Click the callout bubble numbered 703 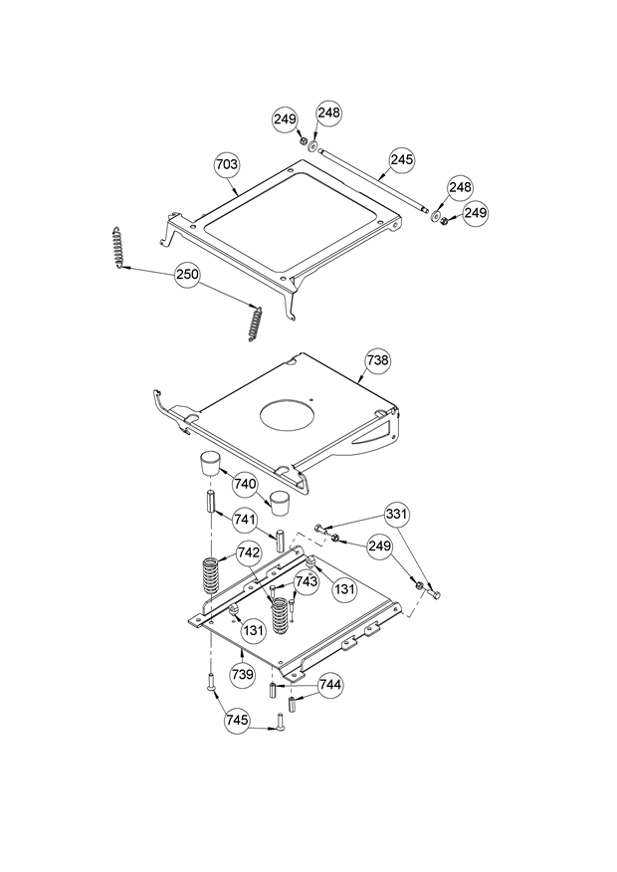pos(227,162)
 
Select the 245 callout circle pos(402,159)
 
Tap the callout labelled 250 pos(188,276)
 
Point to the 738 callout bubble pos(377,361)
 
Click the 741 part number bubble pos(246,520)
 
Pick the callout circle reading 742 pos(249,553)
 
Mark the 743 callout pos(307,580)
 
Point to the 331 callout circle pos(397,515)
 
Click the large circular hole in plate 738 pos(286,413)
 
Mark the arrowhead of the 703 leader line pos(237,192)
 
